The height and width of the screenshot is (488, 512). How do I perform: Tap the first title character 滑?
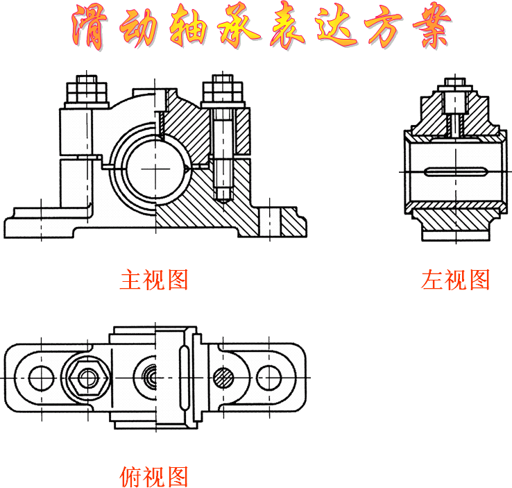pyautogui.click(x=90, y=28)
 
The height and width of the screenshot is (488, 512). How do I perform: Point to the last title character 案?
pyautogui.click(x=426, y=28)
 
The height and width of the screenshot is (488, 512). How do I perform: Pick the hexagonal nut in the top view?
pyautogui.click(x=87, y=377)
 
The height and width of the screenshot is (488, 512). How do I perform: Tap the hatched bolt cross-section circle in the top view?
pyautogui.click(x=223, y=377)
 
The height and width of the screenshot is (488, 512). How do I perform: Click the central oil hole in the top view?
pyautogui.click(x=151, y=377)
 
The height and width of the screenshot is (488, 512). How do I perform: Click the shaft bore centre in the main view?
pyautogui.click(x=155, y=170)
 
